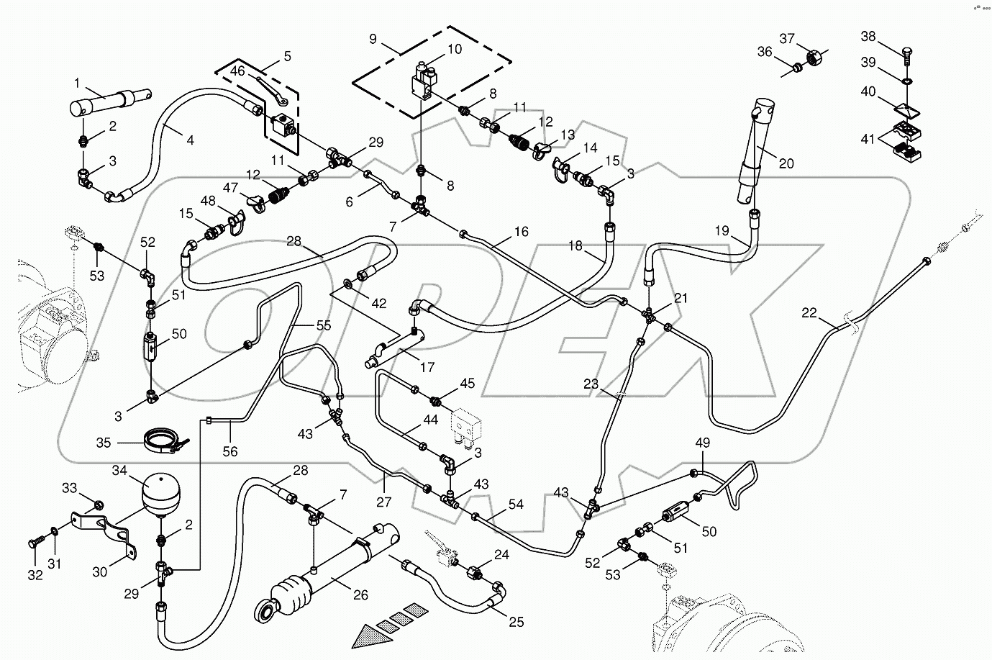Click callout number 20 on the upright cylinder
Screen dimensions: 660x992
pos(786,164)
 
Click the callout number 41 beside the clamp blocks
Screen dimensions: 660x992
pos(869,139)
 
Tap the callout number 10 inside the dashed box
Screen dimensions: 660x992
pos(455,50)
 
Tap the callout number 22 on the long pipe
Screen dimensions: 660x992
pos(809,313)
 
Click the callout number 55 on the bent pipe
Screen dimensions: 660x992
pos(324,325)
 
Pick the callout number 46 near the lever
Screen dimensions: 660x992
pos(237,72)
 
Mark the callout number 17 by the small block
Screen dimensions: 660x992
pos(427,367)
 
